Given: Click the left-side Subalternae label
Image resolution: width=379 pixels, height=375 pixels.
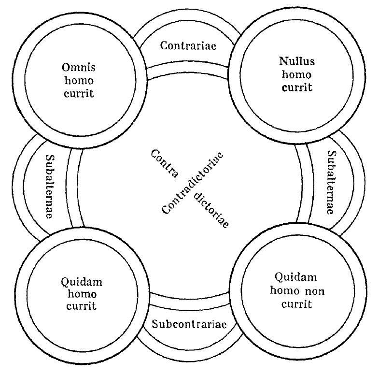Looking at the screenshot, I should coord(50,186).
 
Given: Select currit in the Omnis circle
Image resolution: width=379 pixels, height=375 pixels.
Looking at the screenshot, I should coord(78,92).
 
